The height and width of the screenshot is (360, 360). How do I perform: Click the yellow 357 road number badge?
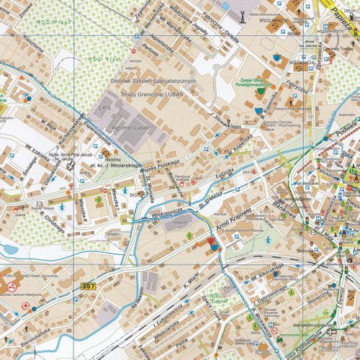(88, 287)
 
